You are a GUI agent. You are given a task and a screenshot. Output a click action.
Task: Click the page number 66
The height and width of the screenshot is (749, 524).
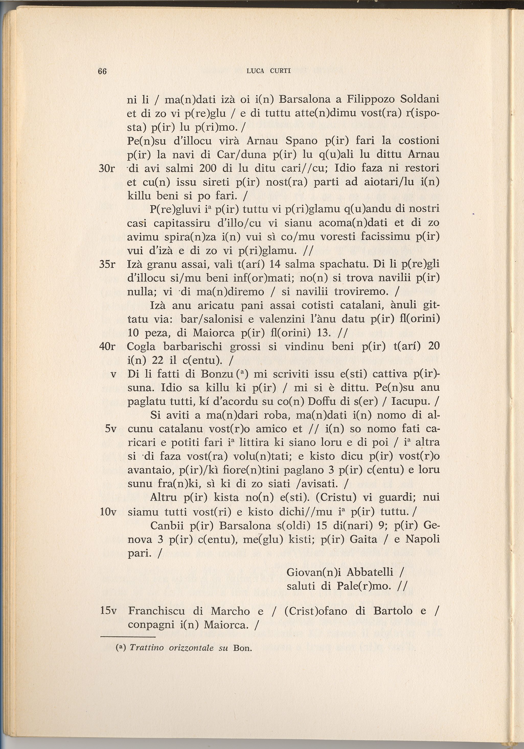coord(102,71)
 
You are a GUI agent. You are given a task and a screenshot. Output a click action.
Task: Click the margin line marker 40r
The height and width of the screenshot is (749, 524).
coord(107,346)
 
